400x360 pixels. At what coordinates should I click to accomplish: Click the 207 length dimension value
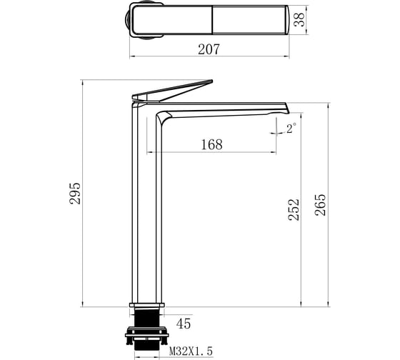209,49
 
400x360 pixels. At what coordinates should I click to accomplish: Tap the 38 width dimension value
299,20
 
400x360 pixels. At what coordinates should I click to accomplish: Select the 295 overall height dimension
75,194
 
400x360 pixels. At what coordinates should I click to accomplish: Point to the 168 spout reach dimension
211,144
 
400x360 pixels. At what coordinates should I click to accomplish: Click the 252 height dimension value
294,210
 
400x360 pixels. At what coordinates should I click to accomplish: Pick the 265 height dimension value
320,206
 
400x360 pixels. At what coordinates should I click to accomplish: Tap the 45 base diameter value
184,324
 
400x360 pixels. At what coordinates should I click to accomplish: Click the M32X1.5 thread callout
191,351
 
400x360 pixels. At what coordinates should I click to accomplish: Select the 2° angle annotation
291,129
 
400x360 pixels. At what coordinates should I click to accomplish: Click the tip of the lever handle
211,81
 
